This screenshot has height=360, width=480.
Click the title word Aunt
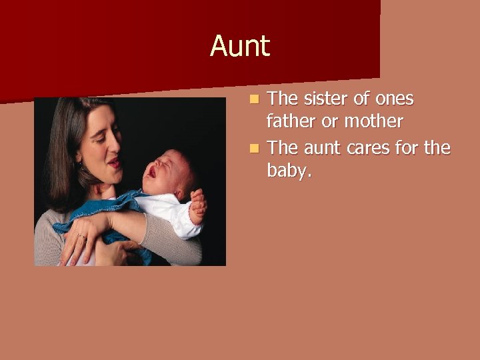pyautogui.click(x=240, y=47)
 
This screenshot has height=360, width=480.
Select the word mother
pyautogui.click(x=373, y=121)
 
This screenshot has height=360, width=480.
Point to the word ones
pyautogui.click(x=394, y=99)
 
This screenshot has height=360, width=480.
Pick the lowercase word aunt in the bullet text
pyautogui.click(x=325, y=148)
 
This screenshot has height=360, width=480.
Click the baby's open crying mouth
pyautogui.click(x=153, y=172)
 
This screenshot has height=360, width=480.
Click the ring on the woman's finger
pyautogui.click(x=81, y=236)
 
